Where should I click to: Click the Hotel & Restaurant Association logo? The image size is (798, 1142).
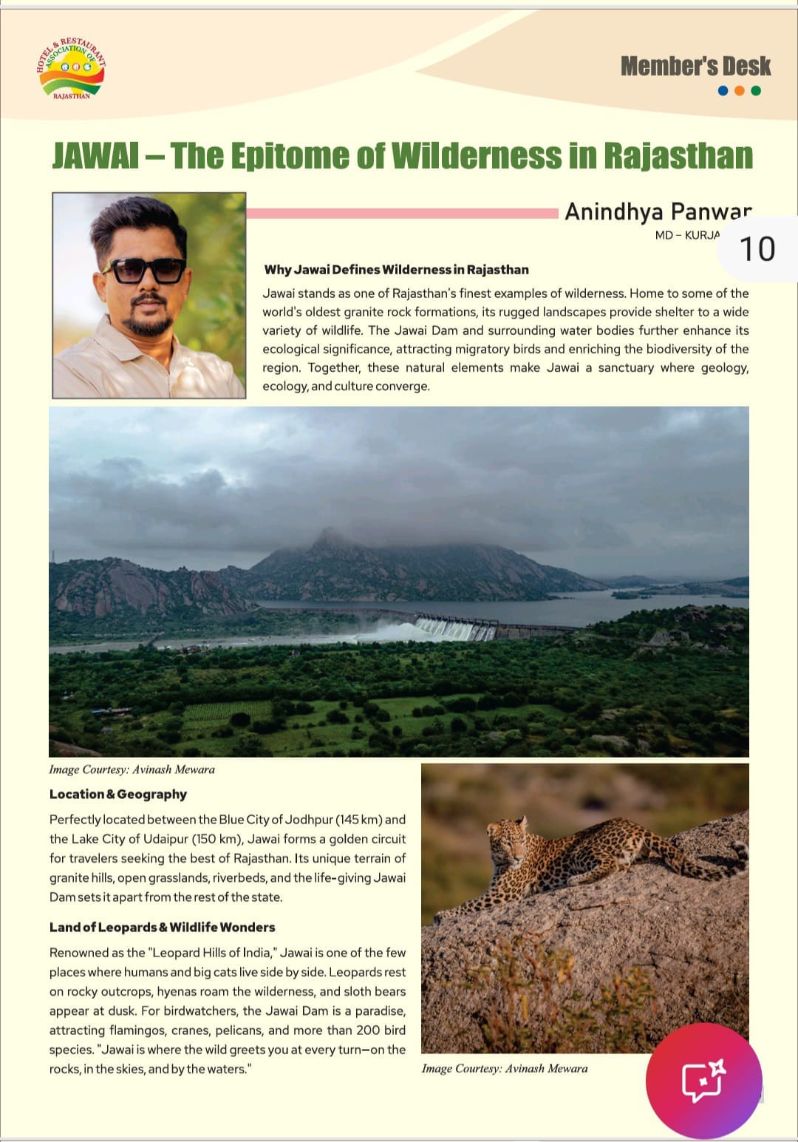pyautogui.click(x=71, y=69)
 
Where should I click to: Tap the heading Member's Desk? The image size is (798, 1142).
pyautogui.click(x=695, y=67)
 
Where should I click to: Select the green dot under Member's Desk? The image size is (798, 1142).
pyautogui.click(x=756, y=91)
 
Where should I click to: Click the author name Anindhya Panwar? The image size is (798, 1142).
pyautogui.click(x=658, y=212)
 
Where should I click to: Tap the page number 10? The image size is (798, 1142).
pyautogui.click(x=757, y=249)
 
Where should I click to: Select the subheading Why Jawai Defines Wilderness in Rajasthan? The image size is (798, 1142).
pyautogui.click(x=396, y=270)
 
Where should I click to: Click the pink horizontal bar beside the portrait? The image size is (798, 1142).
pyautogui.click(x=402, y=214)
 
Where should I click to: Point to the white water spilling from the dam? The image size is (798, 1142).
pyautogui.click(x=443, y=631)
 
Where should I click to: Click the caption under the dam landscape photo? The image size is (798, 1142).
pyautogui.click(x=132, y=769)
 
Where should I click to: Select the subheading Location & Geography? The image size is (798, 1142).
pyautogui.click(x=118, y=795)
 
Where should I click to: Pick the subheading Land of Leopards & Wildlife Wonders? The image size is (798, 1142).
pyautogui.click(x=162, y=928)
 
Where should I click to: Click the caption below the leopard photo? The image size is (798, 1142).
pyautogui.click(x=505, y=1068)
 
